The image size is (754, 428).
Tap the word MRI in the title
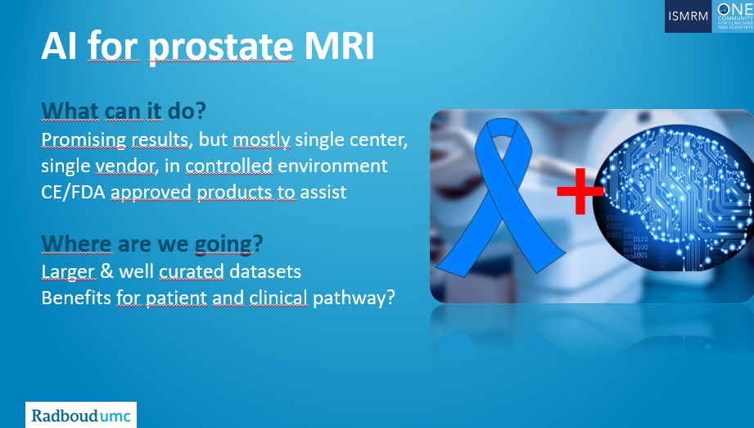click(340, 46)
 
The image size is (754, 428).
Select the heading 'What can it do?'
click(124, 111)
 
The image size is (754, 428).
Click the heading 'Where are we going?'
click(152, 244)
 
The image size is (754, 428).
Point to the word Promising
click(84, 140)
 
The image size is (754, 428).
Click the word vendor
click(127, 166)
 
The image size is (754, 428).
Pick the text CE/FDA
click(73, 192)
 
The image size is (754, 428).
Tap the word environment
click(332, 166)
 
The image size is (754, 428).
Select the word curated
click(192, 271)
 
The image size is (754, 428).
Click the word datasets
click(265, 271)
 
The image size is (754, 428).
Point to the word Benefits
click(76, 298)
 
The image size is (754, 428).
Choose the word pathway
click(349, 298)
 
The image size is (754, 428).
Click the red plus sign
click(580, 191)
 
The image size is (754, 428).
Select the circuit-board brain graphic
click(673, 198)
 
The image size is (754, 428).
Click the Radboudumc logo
click(81, 415)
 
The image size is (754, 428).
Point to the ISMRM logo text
click(689, 16)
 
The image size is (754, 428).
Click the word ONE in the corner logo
click(735, 9)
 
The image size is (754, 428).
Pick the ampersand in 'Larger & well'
click(106, 271)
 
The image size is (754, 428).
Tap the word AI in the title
click(59, 46)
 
